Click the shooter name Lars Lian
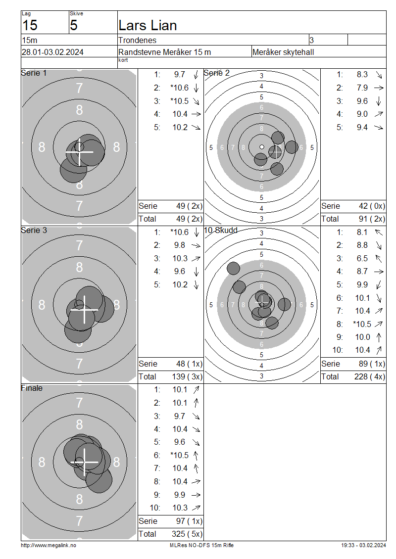148,25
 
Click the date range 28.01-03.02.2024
52,52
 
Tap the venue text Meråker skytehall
283,52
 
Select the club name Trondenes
137,40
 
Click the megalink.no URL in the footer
49,545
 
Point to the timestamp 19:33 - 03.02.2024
363,545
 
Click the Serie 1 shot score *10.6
180,88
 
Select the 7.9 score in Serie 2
362,88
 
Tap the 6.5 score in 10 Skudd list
362,258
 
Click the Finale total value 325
178,534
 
